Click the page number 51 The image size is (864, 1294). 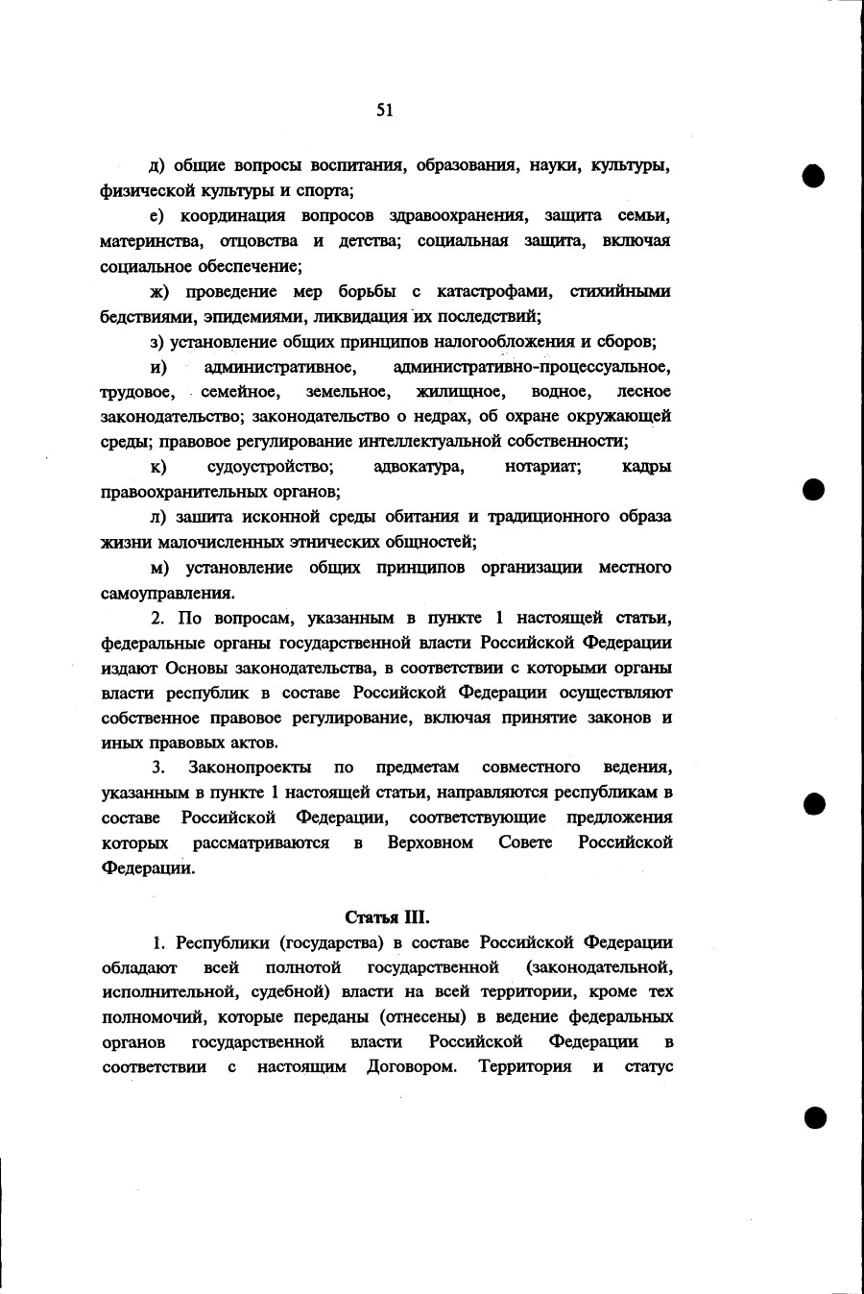click(384, 110)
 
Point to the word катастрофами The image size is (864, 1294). click(493, 291)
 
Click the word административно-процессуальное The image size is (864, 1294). click(532, 366)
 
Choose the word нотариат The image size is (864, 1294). click(543, 467)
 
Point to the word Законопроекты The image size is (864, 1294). click(250, 767)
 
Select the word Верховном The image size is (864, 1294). click(430, 842)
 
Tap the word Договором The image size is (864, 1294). click(411, 1067)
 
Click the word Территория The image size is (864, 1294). click(525, 1067)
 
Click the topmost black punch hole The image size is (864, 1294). click(815, 177)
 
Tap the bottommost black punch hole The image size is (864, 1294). click(815, 1116)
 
